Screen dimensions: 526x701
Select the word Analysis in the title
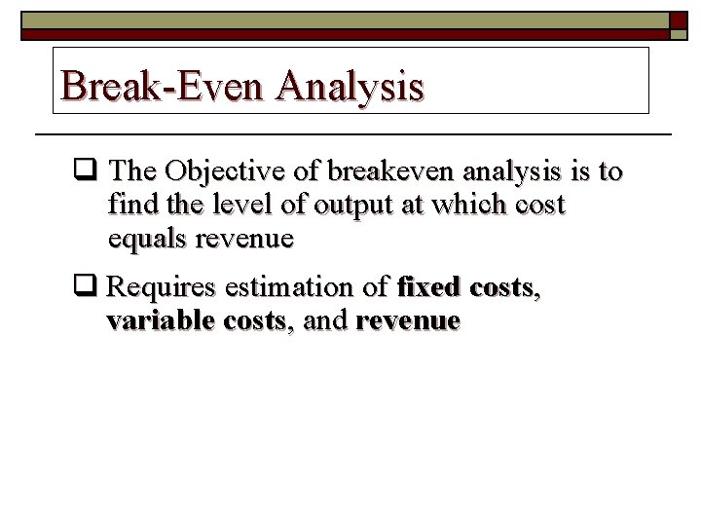[350, 86]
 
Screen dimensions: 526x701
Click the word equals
[147, 240]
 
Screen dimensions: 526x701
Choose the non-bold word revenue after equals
[244, 240]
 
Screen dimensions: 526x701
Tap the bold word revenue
[408, 321]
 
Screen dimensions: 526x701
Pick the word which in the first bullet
[444, 206]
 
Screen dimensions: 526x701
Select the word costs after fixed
[500, 288]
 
